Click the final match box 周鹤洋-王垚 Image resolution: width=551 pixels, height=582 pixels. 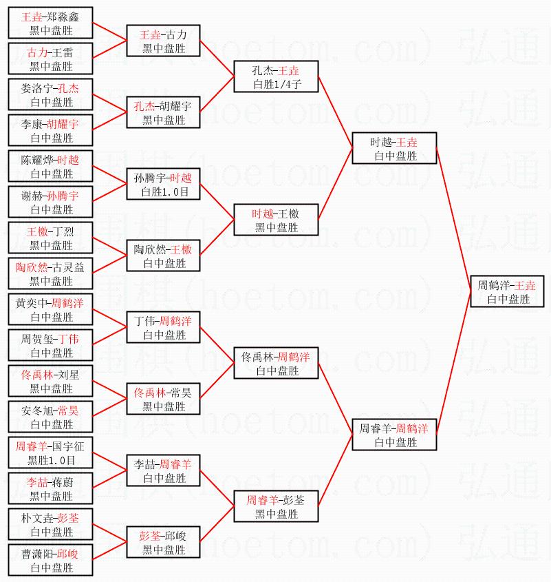click(508, 291)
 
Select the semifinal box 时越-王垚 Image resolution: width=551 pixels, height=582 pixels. click(393, 148)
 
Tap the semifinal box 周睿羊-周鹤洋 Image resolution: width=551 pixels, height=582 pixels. click(393, 435)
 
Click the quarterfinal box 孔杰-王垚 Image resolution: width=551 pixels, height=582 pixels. click(276, 76)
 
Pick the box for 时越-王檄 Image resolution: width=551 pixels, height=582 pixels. click(276, 220)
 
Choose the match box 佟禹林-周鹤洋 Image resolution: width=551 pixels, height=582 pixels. click(276, 363)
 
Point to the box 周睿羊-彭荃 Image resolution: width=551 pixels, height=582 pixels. click(276, 506)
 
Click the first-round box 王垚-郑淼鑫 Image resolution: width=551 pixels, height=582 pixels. click(50, 23)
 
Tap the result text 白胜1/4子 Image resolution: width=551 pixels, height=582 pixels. click(276, 85)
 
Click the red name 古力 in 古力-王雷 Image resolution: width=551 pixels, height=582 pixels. click(37, 52)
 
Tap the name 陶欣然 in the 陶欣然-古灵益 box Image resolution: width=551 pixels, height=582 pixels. click(32, 267)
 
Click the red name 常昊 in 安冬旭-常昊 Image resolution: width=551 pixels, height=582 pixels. click(68, 410)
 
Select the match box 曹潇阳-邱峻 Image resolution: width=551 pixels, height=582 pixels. click(50, 560)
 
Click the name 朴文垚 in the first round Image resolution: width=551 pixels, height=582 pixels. click(37, 518)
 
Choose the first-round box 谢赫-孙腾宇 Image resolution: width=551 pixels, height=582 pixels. click(50, 202)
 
